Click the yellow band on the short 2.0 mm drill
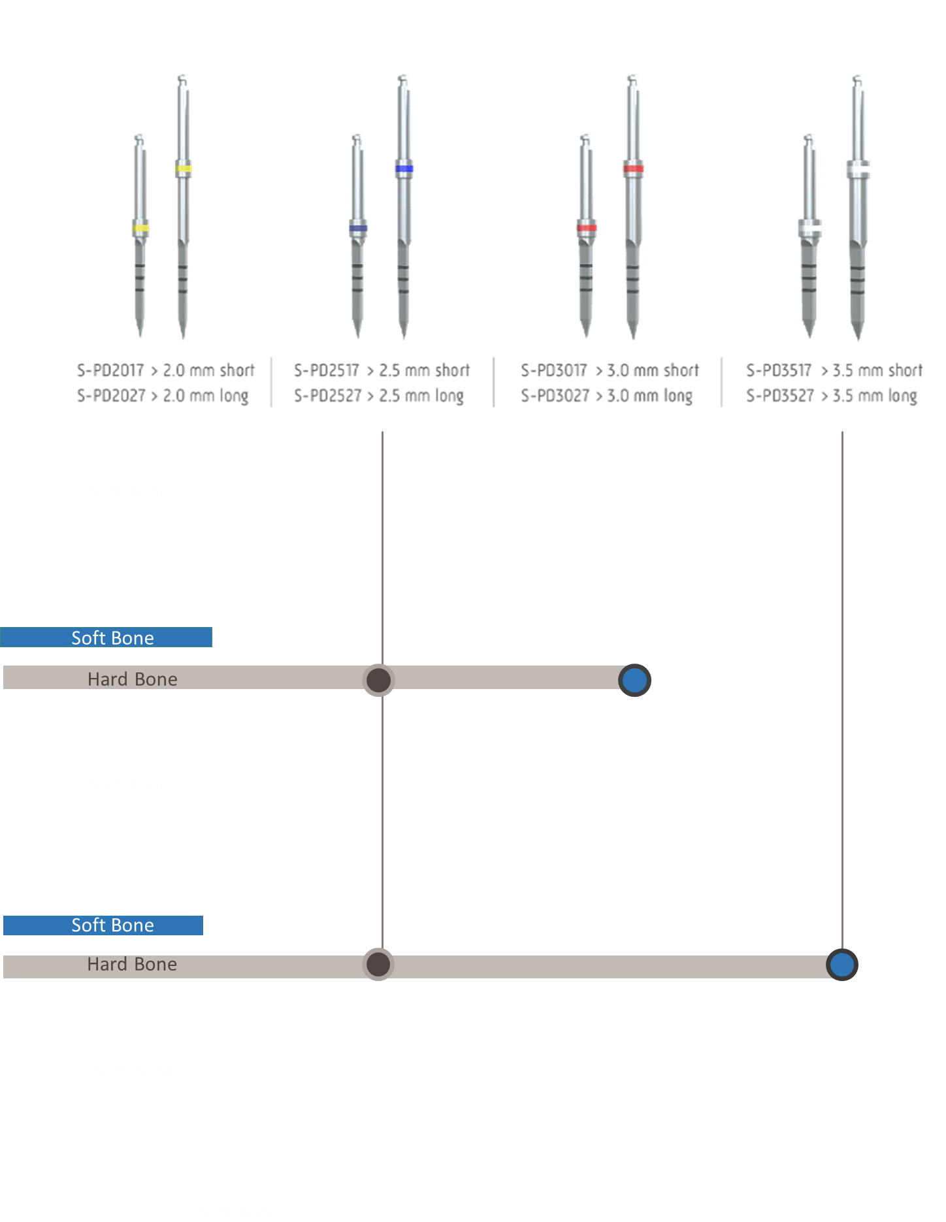coord(140,229)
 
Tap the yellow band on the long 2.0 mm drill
coord(183,169)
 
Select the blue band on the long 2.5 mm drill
coord(404,169)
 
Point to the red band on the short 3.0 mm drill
coord(586,229)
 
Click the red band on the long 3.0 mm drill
coord(632,169)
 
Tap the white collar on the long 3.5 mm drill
coord(858,169)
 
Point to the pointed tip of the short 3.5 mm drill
coord(809,336)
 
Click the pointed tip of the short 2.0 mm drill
coord(140,336)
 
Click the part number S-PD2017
coord(110,371)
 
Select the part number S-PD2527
coord(327,396)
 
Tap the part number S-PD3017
coord(554,371)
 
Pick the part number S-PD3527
coord(779,396)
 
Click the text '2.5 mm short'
coord(425,371)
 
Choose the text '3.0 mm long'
coord(649,396)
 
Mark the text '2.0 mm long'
coord(206,396)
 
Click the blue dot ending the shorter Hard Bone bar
coord(634,680)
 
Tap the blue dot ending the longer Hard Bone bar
coord(841,965)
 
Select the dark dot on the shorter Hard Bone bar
coord(378,680)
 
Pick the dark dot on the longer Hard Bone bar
coord(378,964)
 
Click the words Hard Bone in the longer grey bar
coord(132,965)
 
